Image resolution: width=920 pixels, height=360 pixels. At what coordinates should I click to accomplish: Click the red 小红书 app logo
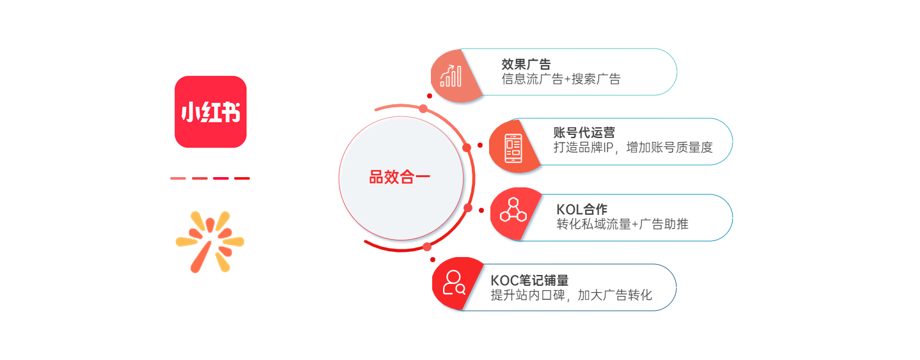(x=211, y=112)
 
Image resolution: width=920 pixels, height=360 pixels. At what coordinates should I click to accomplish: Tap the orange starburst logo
(x=210, y=242)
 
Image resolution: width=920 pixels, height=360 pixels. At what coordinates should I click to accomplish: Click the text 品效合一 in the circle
(x=399, y=177)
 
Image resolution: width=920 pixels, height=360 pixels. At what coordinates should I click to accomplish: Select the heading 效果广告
(x=526, y=64)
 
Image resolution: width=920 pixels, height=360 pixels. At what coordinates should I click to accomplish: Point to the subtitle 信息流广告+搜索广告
(x=561, y=79)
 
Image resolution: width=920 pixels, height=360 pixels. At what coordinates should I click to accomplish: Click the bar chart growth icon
(x=451, y=76)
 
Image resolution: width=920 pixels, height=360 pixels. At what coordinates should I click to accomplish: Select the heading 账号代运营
(x=584, y=132)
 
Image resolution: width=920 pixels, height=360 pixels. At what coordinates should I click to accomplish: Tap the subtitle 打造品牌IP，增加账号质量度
(x=633, y=147)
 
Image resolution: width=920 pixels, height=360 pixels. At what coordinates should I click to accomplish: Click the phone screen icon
(x=513, y=148)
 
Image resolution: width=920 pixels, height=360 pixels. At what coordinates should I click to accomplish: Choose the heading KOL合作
(x=582, y=209)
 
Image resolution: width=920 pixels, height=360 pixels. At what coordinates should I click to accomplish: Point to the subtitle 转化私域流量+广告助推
(x=622, y=224)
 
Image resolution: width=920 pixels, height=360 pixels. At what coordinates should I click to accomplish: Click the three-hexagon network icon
(x=513, y=210)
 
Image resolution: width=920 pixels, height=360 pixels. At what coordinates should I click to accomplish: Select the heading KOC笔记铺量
(x=529, y=280)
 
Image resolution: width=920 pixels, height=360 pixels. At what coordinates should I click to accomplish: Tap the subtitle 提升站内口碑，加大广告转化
(x=572, y=295)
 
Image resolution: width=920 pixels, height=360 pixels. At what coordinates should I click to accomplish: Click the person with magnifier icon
(x=454, y=283)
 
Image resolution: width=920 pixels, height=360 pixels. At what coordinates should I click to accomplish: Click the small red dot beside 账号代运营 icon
(x=480, y=145)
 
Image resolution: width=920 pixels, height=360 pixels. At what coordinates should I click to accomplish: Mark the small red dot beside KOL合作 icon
(x=481, y=210)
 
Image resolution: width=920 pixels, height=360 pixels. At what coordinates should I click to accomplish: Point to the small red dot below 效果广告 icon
(x=430, y=96)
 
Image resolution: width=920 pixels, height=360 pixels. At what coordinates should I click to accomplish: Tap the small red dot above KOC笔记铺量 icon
(x=432, y=260)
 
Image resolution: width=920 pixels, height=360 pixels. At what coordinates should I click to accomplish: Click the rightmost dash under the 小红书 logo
(x=242, y=178)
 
